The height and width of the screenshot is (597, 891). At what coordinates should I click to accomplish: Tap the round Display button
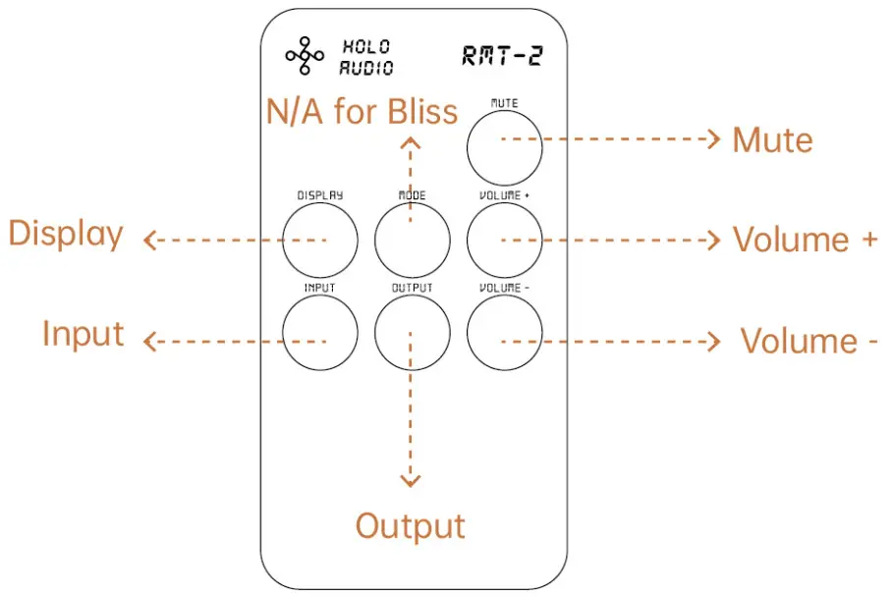[x=319, y=240]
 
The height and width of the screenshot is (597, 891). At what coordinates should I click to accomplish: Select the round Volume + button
[x=504, y=240]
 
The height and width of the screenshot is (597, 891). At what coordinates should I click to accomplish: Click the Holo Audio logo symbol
[x=305, y=57]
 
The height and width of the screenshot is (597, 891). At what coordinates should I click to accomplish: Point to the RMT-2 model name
[x=502, y=56]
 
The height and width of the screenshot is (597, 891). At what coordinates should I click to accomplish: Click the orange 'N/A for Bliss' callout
[x=362, y=111]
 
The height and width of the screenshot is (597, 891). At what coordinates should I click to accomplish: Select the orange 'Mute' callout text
[x=772, y=140]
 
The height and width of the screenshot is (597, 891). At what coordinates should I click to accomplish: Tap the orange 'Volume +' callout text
[x=805, y=240]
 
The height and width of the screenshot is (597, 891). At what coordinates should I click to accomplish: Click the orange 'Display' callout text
[x=66, y=235]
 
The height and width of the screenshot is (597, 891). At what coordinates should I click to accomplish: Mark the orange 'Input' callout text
[x=84, y=334]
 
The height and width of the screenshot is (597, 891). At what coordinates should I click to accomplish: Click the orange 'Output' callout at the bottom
[x=410, y=526]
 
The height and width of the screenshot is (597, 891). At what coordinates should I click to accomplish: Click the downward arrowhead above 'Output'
[x=411, y=479]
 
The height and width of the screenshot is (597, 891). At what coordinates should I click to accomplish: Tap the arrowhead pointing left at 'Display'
[x=150, y=240]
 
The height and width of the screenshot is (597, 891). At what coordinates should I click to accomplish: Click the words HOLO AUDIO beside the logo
[x=366, y=57]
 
